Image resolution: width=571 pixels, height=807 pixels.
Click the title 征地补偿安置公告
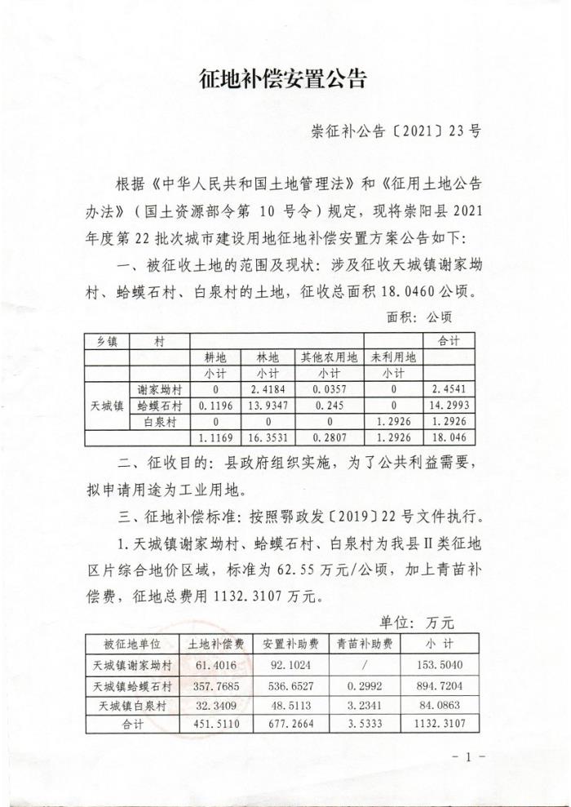click(284, 79)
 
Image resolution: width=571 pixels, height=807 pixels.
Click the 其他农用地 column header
click(330, 357)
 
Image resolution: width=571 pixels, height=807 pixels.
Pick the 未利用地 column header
click(391, 357)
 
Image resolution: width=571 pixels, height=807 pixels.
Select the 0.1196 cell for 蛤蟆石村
click(215, 406)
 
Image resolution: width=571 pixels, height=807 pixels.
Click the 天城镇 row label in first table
click(106, 406)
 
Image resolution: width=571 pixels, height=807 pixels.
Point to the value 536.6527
click(289, 685)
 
